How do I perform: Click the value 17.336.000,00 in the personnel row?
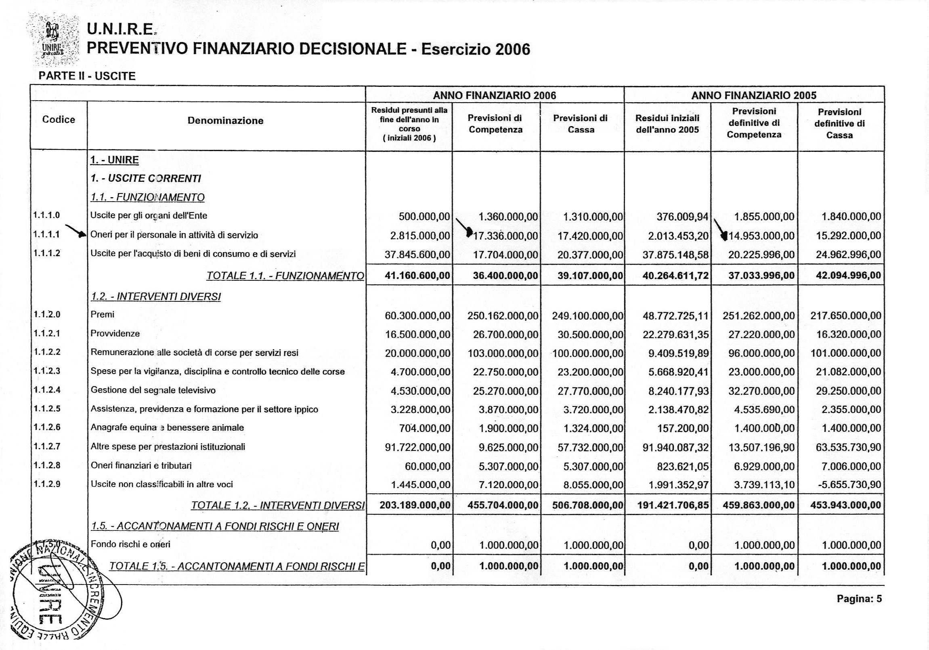click(x=505, y=236)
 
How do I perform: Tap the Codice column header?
click(x=59, y=120)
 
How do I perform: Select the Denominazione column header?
click(x=225, y=121)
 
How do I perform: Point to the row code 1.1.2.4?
click(x=47, y=390)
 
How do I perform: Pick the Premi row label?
click(x=103, y=314)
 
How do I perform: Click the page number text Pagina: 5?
click(x=859, y=599)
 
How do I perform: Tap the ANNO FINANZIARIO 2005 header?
click(x=754, y=95)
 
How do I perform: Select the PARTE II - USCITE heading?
click(x=87, y=76)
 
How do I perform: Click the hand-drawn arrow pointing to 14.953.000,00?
click(x=720, y=229)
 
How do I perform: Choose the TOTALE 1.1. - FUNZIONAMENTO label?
click(x=285, y=276)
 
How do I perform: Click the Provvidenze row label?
click(x=115, y=334)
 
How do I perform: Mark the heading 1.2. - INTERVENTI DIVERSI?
click(x=156, y=297)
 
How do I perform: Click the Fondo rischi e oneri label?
click(x=130, y=545)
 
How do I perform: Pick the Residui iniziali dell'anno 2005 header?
click(x=667, y=124)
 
